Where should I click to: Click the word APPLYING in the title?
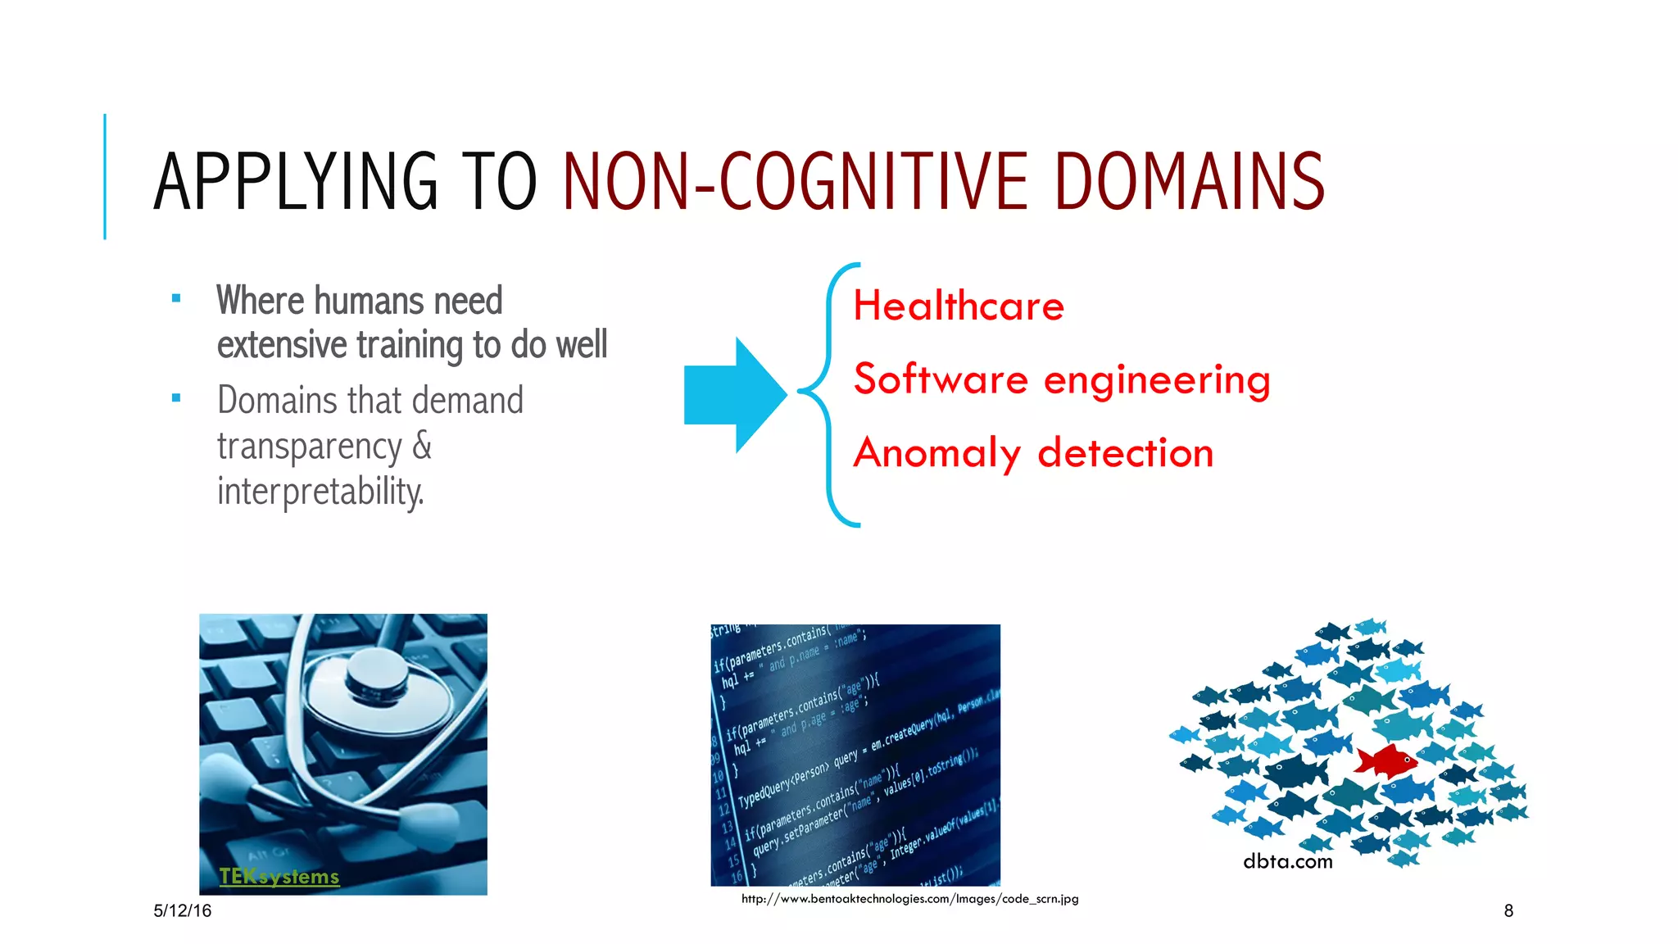pyautogui.click(x=296, y=181)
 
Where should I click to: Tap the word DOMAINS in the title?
pyautogui.click(x=1190, y=181)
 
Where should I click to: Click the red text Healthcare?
pyautogui.click(x=959, y=306)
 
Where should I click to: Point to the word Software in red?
pyautogui.click(x=941, y=379)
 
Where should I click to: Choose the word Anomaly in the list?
pyautogui.click(x=937, y=454)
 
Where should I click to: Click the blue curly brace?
pyautogui.click(x=829, y=394)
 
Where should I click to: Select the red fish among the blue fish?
pyautogui.click(x=1385, y=760)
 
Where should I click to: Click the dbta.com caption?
pyautogui.click(x=1287, y=861)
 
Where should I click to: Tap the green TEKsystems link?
pyautogui.click(x=279, y=877)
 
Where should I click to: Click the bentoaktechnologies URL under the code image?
pyautogui.click(x=909, y=899)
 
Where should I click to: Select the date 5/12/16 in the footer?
pyautogui.click(x=182, y=910)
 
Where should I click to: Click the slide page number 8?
pyautogui.click(x=1508, y=910)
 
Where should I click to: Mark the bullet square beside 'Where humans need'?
pyautogui.click(x=176, y=299)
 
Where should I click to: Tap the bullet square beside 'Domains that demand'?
pyautogui.click(x=176, y=399)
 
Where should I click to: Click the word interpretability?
pyautogui.click(x=320, y=491)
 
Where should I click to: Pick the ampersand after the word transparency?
pyautogui.click(x=422, y=446)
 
